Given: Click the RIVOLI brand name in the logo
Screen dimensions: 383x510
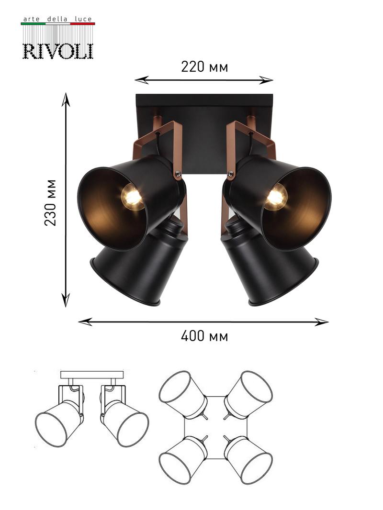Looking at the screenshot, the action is pyautogui.click(x=58, y=51).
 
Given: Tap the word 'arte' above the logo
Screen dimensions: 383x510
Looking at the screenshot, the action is pyautogui.click(x=32, y=19).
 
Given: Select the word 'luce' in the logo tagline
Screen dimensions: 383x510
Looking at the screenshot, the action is pyautogui.click(x=83, y=19).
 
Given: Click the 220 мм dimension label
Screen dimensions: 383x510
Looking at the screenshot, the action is pyautogui.click(x=204, y=67).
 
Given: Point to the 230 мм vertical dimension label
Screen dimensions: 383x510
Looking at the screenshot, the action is pyautogui.click(x=50, y=202).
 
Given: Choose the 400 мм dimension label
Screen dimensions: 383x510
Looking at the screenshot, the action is pyautogui.click(x=204, y=336).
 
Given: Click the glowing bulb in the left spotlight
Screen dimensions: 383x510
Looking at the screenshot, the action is pyautogui.click(x=132, y=196).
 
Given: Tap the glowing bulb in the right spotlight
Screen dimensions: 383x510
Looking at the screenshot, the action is pyautogui.click(x=276, y=196).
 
